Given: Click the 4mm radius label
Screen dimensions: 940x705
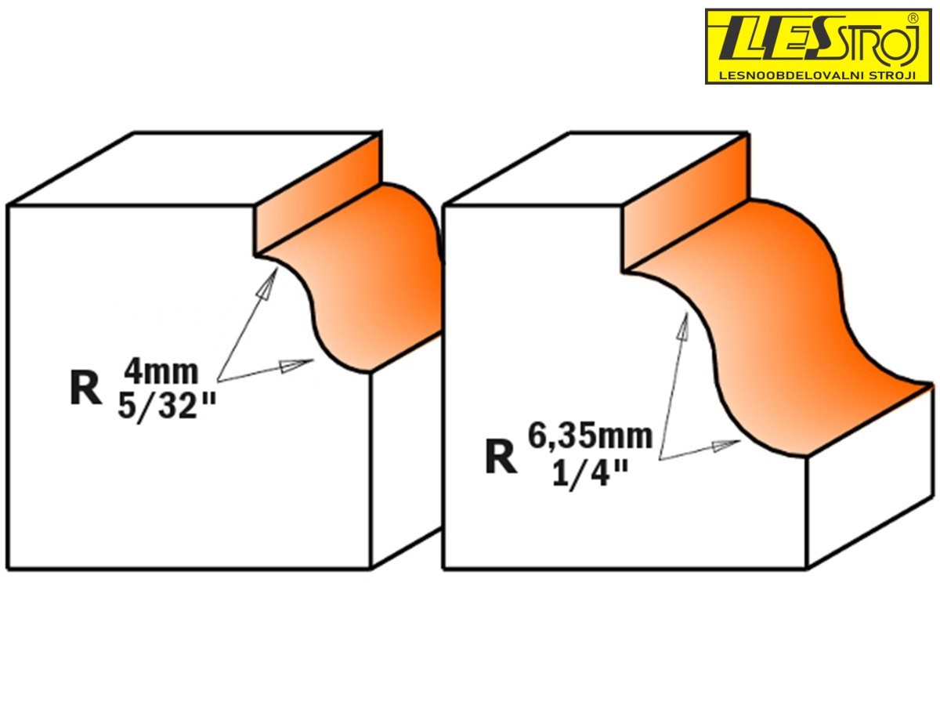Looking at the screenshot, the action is (x=161, y=373).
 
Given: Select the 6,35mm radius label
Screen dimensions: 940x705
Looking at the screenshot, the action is (x=590, y=437).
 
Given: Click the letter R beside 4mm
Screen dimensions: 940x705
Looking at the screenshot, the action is (x=85, y=388).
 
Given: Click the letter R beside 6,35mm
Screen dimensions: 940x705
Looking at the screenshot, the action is (x=501, y=457).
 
